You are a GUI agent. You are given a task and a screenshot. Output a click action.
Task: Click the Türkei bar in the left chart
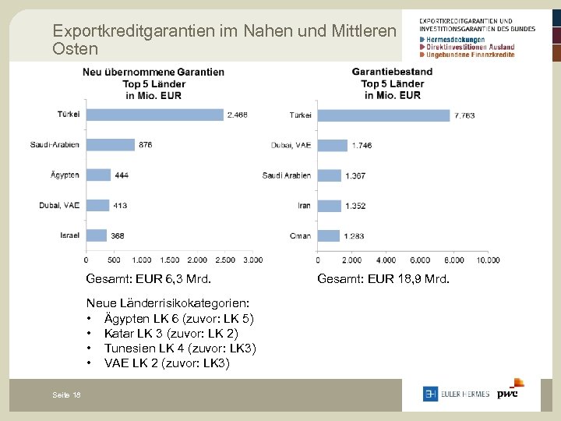(x=154, y=115)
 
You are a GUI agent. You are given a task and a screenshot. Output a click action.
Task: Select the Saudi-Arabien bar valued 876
(x=110, y=144)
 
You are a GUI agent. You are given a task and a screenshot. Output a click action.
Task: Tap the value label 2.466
(x=237, y=115)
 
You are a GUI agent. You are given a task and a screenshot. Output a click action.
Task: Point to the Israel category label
(x=69, y=235)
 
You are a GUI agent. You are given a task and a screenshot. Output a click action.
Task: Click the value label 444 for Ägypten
(x=122, y=175)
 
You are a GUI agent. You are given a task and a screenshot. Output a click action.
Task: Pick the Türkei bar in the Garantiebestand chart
(x=384, y=115)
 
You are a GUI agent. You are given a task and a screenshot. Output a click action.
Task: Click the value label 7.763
(x=465, y=115)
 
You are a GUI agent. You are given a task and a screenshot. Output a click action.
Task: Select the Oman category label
(x=300, y=235)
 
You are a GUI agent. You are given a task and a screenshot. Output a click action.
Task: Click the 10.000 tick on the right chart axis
(x=487, y=260)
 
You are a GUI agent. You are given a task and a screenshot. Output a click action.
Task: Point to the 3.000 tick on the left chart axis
(x=252, y=260)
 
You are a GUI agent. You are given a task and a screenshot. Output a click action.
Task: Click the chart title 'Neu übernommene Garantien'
(x=153, y=72)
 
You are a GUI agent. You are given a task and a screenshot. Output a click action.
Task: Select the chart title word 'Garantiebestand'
(x=392, y=72)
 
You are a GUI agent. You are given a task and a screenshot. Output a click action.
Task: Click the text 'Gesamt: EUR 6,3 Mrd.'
(x=148, y=279)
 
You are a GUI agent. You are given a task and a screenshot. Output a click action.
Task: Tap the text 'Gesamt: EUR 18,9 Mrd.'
(x=383, y=279)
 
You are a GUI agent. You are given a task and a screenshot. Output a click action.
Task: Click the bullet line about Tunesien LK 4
(x=180, y=348)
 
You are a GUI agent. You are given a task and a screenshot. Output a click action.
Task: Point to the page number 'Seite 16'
(x=66, y=396)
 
